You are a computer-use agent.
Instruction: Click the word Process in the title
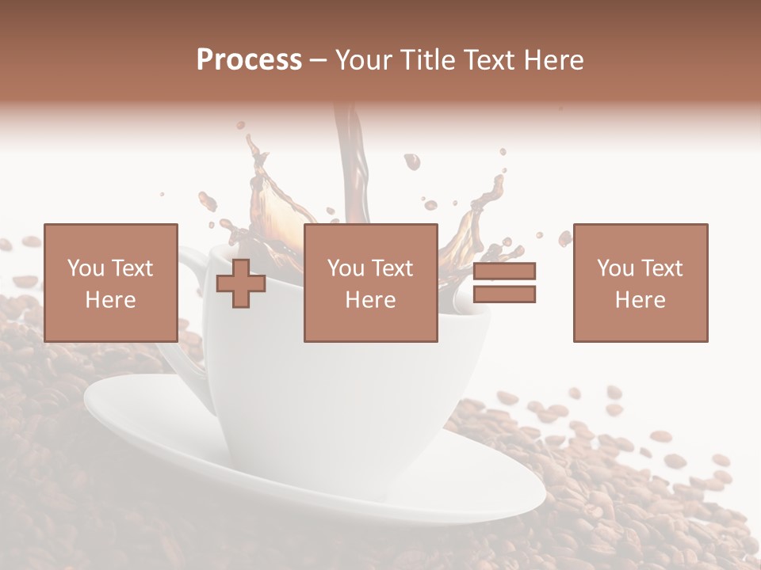pyautogui.click(x=249, y=60)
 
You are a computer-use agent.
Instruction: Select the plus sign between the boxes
pyautogui.click(x=241, y=283)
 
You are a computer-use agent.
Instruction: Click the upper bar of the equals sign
pyautogui.click(x=504, y=271)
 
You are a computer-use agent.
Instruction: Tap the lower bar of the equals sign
pyautogui.click(x=504, y=294)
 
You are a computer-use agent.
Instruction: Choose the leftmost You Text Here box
pyautogui.click(x=111, y=283)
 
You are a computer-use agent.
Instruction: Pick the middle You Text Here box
pyautogui.click(x=370, y=283)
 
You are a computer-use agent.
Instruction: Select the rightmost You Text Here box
pyautogui.click(x=641, y=283)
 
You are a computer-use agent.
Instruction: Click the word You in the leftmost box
pyautogui.click(x=86, y=268)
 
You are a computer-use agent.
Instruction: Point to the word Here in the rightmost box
pyautogui.click(x=641, y=300)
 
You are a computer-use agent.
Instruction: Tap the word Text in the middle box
pyautogui.click(x=392, y=268)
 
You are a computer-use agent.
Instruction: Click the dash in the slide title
pyautogui.click(x=319, y=60)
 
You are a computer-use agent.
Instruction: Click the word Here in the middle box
pyautogui.click(x=370, y=300)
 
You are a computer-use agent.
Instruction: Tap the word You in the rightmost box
pyautogui.click(x=615, y=268)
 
